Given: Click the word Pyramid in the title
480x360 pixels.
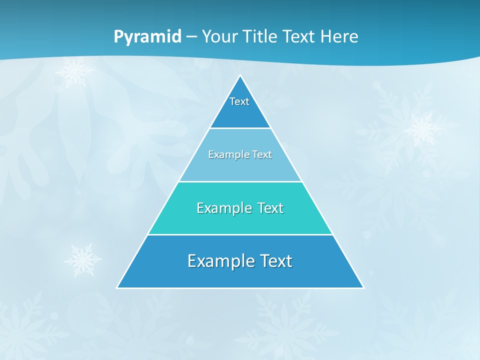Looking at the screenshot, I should [x=147, y=37].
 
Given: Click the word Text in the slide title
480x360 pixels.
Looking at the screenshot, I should [x=299, y=37].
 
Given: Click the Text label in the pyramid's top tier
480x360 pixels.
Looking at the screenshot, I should [x=239, y=101].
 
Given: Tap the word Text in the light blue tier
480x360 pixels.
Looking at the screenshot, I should [x=262, y=154].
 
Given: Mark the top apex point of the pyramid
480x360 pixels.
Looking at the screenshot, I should [x=240, y=76].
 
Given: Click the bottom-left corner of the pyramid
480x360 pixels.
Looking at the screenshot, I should [x=117, y=287].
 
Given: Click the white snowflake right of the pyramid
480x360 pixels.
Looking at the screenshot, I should [x=422, y=128].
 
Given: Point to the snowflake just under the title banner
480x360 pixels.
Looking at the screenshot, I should [x=74, y=72].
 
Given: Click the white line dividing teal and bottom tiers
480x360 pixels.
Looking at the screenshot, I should [x=240, y=234].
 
